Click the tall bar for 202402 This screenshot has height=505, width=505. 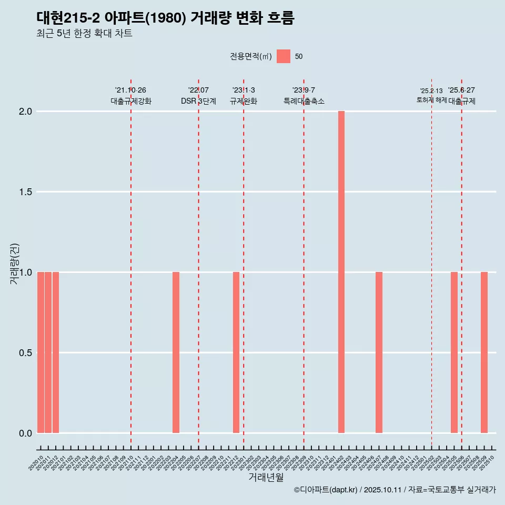(x=341, y=272)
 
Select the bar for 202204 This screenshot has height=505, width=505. (x=176, y=352)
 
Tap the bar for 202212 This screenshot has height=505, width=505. (x=236, y=352)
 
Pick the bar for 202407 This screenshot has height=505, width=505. (x=379, y=352)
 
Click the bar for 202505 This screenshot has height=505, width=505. (x=454, y=352)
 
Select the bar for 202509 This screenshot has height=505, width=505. (x=484, y=352)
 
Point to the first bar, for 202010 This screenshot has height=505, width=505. (x=41, y=352)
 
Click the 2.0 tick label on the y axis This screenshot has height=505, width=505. (x=26, y=112)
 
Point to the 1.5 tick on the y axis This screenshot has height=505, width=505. (x=26, y=192)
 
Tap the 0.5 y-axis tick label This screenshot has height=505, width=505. (x=26, y=353)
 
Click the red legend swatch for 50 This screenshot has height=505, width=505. (x=284, y=56)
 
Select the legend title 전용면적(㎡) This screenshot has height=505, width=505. (x=250, y=56)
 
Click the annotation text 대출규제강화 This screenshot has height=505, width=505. (x=131, y=101)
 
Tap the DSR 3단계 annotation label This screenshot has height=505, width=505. (x=198, y=101)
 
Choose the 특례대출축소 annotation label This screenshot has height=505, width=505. (x=304, y=101)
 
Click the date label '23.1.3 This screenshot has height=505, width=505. (x=244, y=90)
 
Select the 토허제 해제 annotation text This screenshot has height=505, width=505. (x=431, y=100)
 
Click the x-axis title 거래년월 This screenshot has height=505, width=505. (x=266, y=477)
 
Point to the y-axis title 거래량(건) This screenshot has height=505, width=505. (x=15, y=264)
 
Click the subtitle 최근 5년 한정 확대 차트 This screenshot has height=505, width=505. (x=84, y=34)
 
